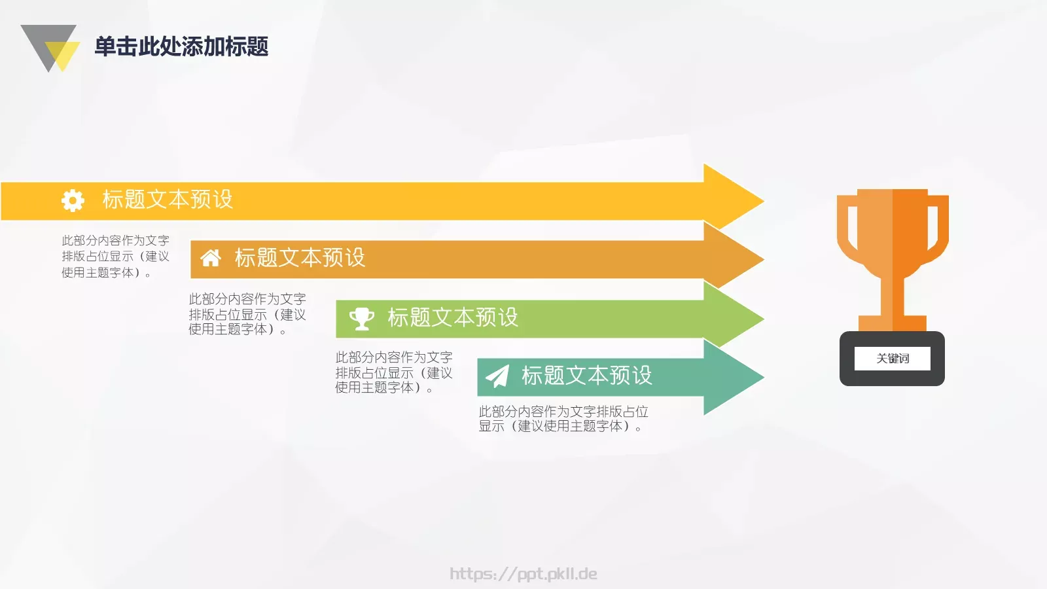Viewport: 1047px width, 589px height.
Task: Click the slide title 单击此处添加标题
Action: (x=181, y=46)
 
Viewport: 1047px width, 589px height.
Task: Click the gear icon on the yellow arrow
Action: (x=73, y=200)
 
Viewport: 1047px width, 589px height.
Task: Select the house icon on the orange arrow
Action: (x=211, y=258)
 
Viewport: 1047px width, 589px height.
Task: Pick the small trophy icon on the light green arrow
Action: (x=361, y=318)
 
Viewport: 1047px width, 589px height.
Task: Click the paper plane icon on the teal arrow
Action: (x=497, y=376)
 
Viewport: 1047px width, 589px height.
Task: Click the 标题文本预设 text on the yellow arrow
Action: (x=168, y=200)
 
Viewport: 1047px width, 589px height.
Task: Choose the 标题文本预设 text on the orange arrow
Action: (x=300, y=258)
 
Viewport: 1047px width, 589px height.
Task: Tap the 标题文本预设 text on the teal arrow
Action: (x=586, y=376)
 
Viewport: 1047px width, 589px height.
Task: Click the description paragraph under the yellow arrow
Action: (x=115, y=257)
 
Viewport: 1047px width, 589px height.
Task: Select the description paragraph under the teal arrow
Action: (x=563, y=419)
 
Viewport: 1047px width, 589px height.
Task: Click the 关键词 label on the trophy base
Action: (x=893, y=359)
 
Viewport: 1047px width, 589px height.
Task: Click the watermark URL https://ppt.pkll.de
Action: (x=523, y=574)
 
